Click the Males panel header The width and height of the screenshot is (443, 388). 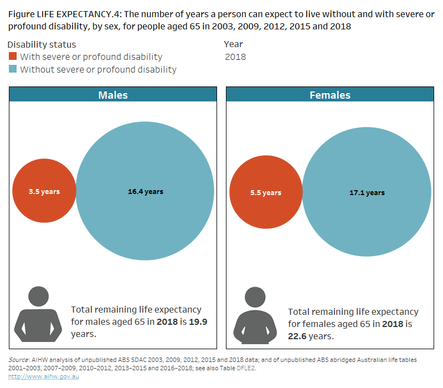(x=113, y=95)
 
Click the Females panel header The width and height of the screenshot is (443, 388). (x=329, y=95)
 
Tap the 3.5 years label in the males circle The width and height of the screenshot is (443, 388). (x=44, y=192)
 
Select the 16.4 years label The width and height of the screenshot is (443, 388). (x=146, y=192)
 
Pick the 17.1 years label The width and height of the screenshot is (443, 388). (x=367, y=193)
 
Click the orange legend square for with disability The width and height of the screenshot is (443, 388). (x=13, y=57)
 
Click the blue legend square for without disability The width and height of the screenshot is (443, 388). (x=13, y=69)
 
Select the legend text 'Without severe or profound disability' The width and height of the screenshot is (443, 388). (x=98, y=69)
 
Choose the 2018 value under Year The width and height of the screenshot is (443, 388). (x=235, y=57)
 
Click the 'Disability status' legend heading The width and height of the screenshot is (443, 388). (x=42, y=44)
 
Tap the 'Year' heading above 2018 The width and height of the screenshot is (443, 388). (x=233, y=44)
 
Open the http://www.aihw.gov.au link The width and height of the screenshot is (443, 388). (x=44, y=377)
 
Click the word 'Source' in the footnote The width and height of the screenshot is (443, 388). (x=19, y=360)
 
